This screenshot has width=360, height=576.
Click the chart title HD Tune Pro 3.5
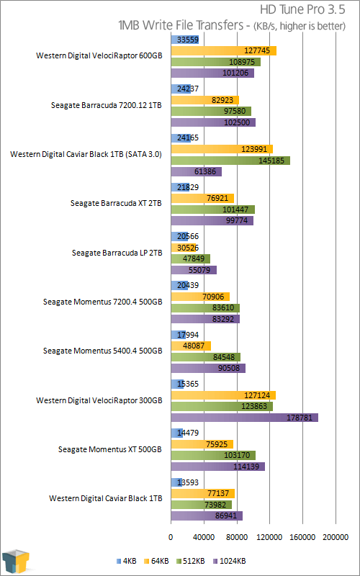coord(302,10)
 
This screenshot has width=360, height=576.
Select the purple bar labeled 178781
coord(245,418)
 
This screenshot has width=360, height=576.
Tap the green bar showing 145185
coord(230,161)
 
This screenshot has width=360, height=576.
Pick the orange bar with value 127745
coord(224,51)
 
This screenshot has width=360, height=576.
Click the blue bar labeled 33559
coord(185,40)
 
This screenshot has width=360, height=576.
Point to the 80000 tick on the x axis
coord(237,537)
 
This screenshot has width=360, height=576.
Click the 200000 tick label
coord(336,537)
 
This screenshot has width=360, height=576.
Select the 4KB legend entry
coord(127,561)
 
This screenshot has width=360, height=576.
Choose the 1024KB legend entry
coord(229,561)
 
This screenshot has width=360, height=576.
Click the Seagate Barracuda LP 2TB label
coord(117,253)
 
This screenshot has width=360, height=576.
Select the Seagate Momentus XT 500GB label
coord(110,449)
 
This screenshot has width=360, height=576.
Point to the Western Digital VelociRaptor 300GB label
coord(99,400)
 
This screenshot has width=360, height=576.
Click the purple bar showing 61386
coord(197,171)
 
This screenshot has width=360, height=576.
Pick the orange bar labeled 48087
coord(191,346)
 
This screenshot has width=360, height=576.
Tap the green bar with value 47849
coord(191,258)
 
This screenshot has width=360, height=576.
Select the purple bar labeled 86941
coord(207,516)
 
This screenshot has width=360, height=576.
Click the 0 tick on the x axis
coord(171,537)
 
